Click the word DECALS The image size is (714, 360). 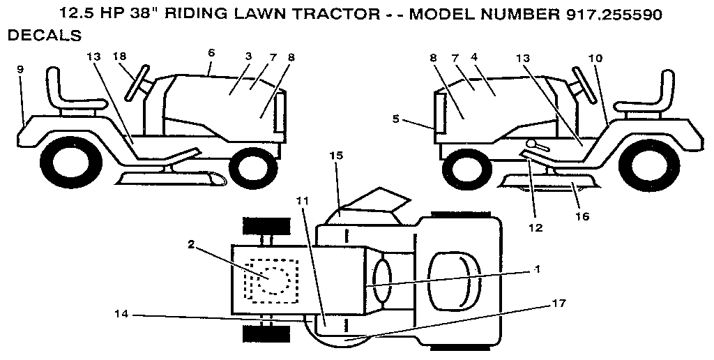point(43,35)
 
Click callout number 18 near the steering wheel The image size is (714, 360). point(119,56)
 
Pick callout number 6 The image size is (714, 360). point(211,52)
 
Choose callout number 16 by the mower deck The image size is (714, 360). point(582,216)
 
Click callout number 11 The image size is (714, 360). point(301,200)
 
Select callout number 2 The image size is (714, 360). point(190,244)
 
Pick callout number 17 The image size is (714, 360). point(559,303)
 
